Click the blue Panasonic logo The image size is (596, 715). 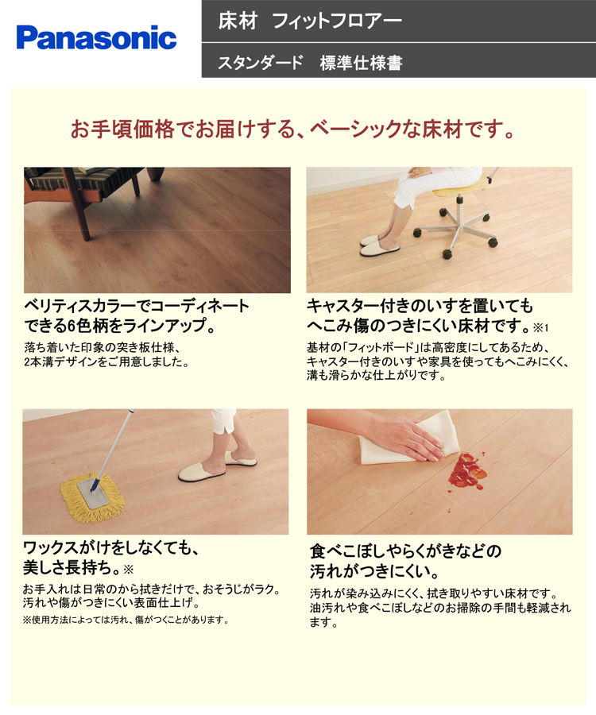(96, 37)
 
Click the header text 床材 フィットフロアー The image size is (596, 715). (310, 21)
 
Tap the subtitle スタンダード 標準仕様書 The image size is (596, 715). (310, 63)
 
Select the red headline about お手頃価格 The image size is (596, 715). (292, 129)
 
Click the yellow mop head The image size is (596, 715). (92, 497)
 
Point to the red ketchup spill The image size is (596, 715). (466, 471)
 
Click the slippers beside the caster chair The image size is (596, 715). (379, 245)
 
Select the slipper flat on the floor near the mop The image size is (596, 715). (201, 473)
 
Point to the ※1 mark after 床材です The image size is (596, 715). (541, 327)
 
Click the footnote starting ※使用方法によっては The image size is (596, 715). (126, 620)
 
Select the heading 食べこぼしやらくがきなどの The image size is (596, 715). (405, 551)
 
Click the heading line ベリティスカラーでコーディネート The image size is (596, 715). (137, 306)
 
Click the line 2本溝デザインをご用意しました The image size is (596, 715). (106, 362)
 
